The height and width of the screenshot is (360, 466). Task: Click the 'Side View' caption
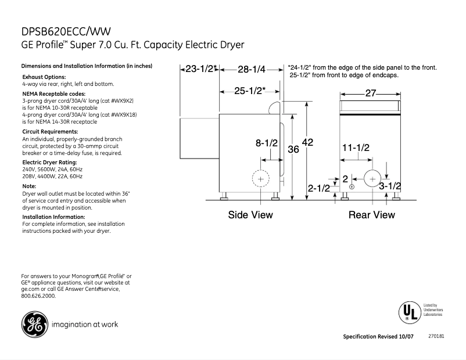click(x=250, y=215)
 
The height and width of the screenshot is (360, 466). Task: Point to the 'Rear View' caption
click(x=371, y=215)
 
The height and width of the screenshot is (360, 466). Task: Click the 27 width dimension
click(x=371, y=93)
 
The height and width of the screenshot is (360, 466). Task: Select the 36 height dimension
click(x=293, y=149)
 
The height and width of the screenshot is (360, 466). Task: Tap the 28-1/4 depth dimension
click(x=252, y=70)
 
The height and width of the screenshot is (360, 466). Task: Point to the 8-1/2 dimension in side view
click(x=267, y=143)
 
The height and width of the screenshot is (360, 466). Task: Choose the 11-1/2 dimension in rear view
click(x=356, y=148)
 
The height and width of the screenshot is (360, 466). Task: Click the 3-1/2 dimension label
click(x=390, y=186)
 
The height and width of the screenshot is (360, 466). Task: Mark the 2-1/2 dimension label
click(x=318, y=188)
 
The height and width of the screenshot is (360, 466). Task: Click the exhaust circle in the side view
click(x=260, y=179)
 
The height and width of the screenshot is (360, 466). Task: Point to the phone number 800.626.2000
click(x=38, y=296)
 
